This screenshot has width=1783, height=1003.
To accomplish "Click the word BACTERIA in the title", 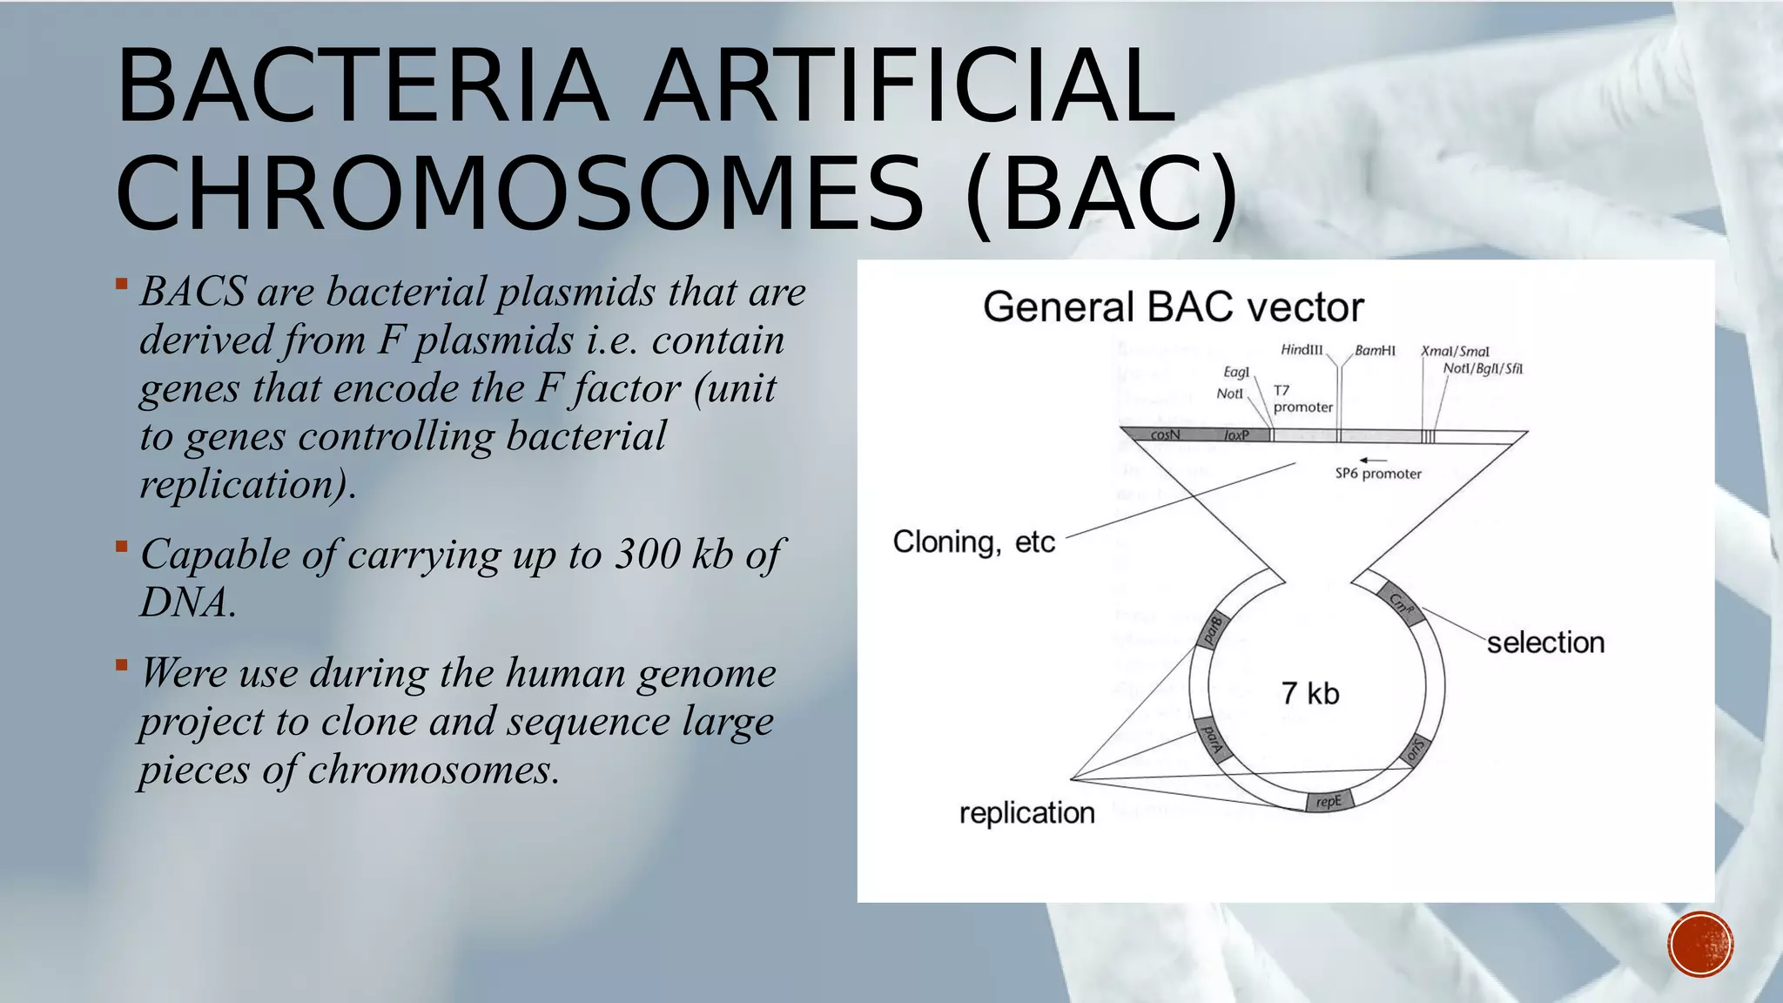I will point(361,87).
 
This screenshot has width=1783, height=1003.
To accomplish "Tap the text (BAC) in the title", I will point(1101,193).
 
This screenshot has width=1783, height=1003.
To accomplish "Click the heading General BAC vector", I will point(1173,307).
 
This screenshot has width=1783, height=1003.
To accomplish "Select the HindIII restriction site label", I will point(1302,350).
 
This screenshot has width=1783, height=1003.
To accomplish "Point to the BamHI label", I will point(1375,351).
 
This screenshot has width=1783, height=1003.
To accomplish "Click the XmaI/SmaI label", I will point(1455,352).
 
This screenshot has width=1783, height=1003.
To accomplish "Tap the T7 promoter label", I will point(1302,399).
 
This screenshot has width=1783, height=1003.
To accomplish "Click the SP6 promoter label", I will point(1378,474).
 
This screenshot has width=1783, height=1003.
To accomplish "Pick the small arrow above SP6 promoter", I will point(1374,460).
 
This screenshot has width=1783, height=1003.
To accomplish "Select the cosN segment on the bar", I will point(1165,434).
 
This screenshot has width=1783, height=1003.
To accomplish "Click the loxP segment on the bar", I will point(1236,434).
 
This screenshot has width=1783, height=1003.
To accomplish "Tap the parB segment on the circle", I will point(1213,630).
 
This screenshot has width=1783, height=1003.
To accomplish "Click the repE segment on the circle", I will point(1329,802).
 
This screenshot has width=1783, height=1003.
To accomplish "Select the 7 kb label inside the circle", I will point(1310,694).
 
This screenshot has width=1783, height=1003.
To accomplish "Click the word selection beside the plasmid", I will point(1545,643).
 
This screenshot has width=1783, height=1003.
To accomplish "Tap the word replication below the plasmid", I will point(1026,813).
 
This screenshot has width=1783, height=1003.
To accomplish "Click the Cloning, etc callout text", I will point(973,542).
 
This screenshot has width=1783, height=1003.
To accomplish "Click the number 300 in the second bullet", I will point(647,555).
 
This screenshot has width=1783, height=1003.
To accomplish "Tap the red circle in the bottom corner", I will point(1700,945).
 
